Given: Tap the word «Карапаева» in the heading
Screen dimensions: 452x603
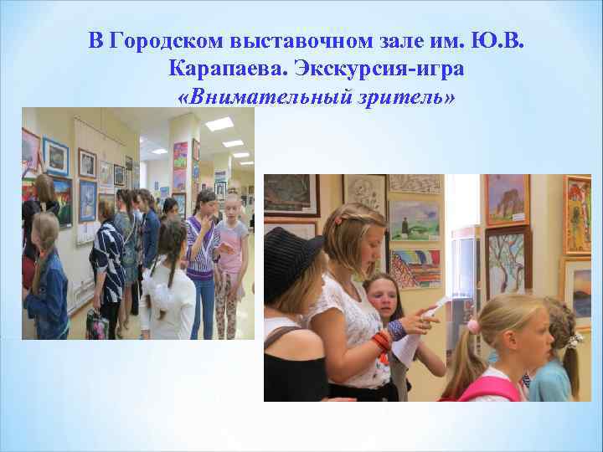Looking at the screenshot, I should coord(220,69).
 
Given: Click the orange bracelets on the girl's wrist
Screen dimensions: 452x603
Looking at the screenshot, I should coord(383,340).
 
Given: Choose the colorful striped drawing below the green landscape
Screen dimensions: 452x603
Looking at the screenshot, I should coord(416,268).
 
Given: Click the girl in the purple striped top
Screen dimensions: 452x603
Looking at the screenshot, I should coord(200,251).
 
